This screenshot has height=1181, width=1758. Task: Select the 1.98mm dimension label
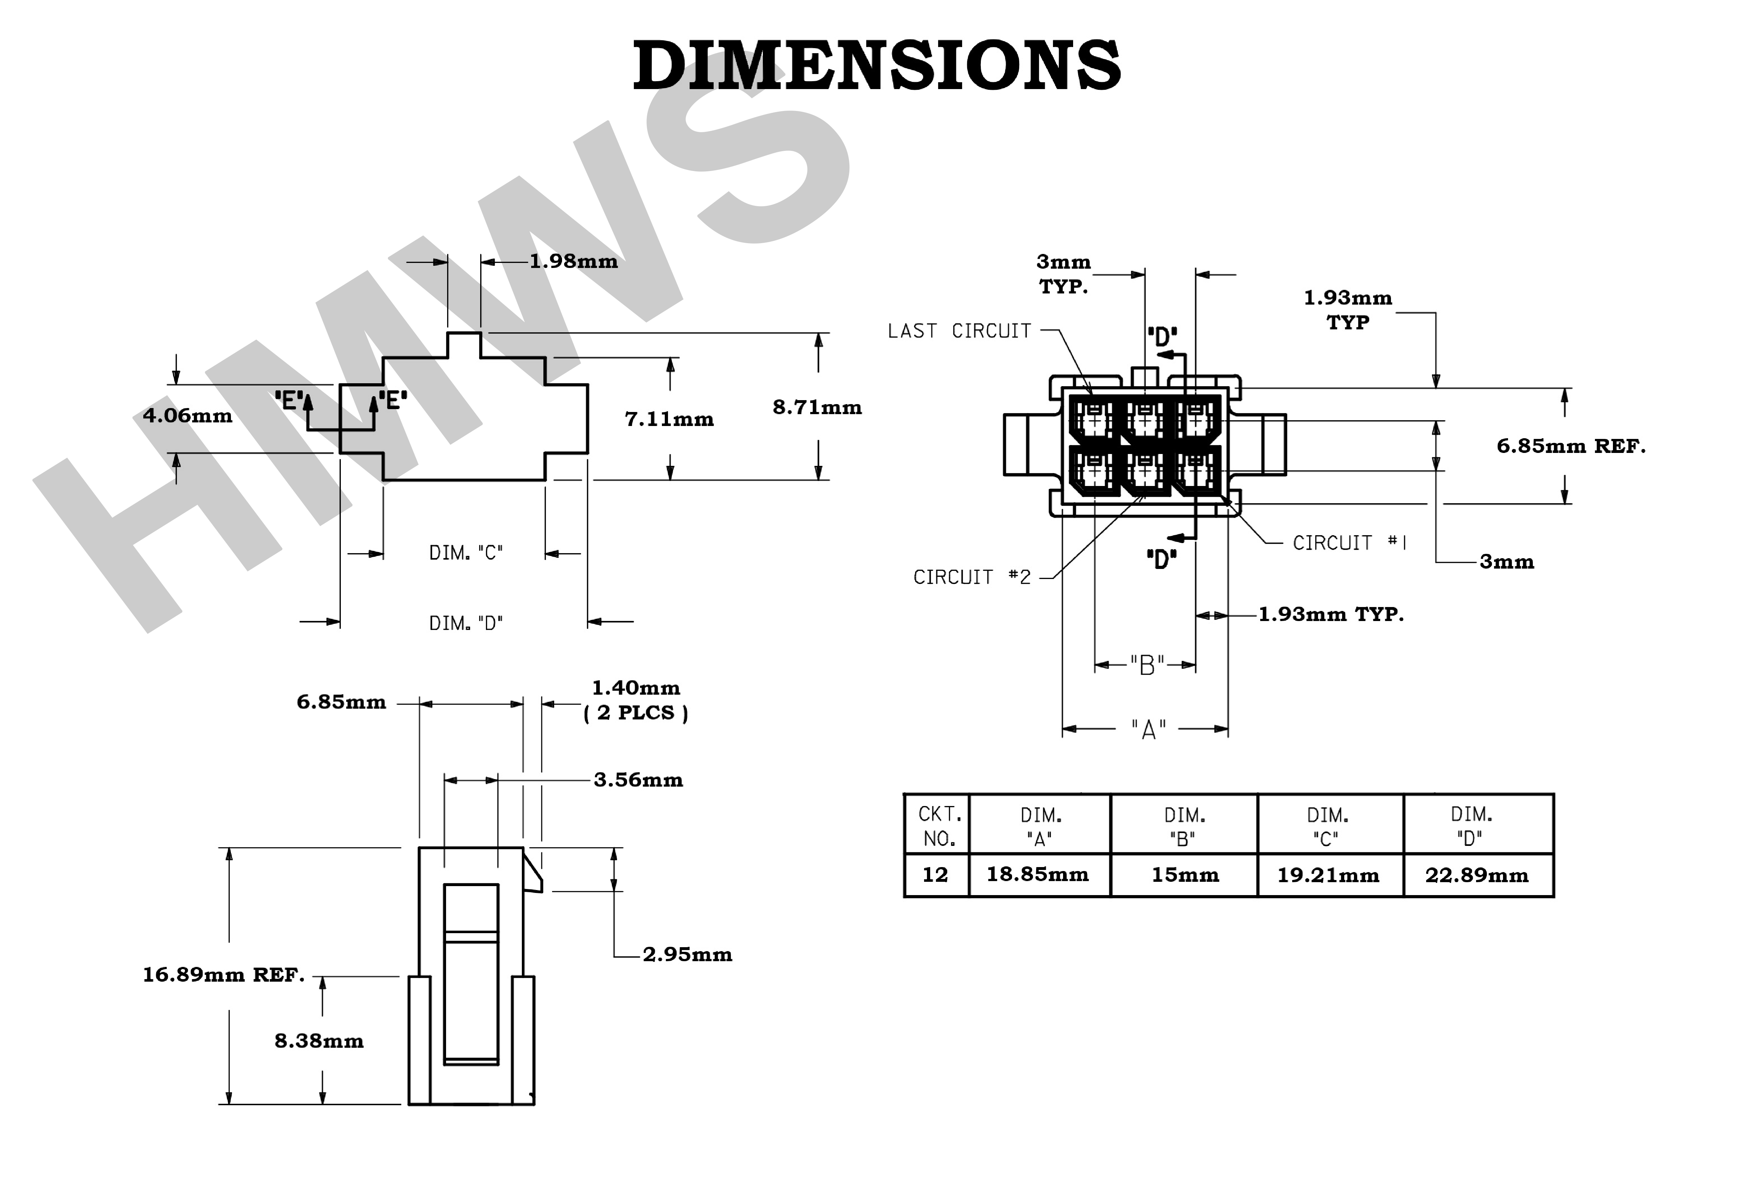coord(574,261)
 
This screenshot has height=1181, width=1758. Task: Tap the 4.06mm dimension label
coord(187,416)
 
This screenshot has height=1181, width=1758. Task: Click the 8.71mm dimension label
coord(817,407)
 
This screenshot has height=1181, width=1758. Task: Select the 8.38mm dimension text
coord(319,1041)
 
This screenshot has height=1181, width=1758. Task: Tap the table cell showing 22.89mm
coord(1477,875)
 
